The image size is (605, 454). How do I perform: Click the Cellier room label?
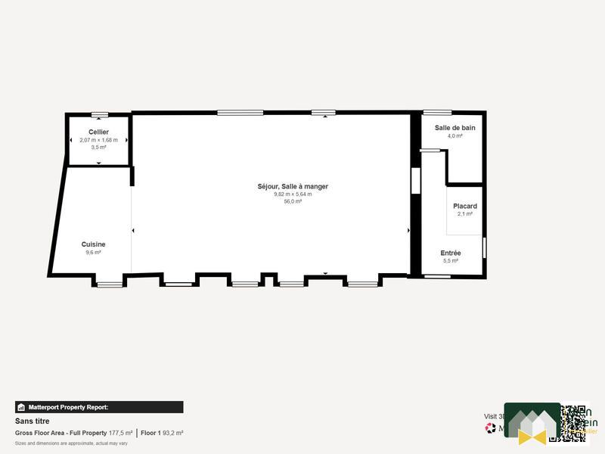98,132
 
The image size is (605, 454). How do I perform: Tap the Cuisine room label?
95,244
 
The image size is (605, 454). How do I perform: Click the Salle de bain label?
455,128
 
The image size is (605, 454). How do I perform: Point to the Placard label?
464,206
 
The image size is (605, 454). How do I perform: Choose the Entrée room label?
451,253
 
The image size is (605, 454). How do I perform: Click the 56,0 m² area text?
293,201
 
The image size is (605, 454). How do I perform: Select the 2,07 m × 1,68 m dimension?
98,140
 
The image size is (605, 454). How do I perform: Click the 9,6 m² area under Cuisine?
94,252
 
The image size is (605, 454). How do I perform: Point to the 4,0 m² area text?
455,136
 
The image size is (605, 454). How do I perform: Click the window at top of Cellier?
100,114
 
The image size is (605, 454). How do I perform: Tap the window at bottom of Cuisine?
109,285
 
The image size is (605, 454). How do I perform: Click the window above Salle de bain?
437,113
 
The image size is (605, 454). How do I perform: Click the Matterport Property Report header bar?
99,407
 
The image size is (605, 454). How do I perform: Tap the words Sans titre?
32,421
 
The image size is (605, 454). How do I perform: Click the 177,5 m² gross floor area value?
120,433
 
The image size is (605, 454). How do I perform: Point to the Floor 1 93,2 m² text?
162,433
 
